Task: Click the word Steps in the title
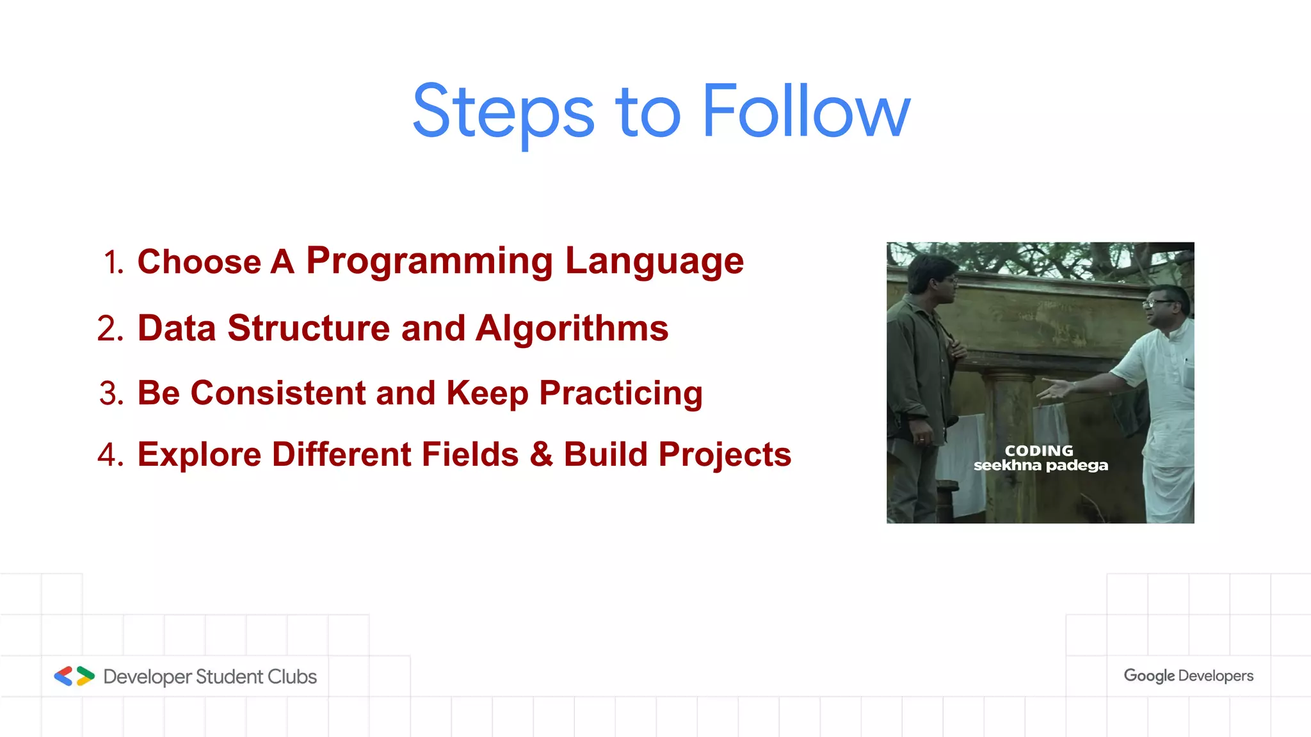pos(503,113)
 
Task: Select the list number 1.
pos(113,262)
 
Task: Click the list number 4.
pos(110,455)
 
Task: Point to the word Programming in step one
pos(429,261)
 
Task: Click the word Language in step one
pos(654,261)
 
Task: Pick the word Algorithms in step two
pos(572,328)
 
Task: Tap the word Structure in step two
pos(309,328)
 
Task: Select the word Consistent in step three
pos(278,393)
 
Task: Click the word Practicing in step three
pos(620,393)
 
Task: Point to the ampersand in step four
pos(541,454)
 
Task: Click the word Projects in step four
pos(725,455)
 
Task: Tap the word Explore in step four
pos(199,455)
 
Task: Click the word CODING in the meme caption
pos(1039,450)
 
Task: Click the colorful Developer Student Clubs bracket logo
pos(74,676)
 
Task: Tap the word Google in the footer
pos(1149,676)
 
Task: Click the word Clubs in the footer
pos(292,676)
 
